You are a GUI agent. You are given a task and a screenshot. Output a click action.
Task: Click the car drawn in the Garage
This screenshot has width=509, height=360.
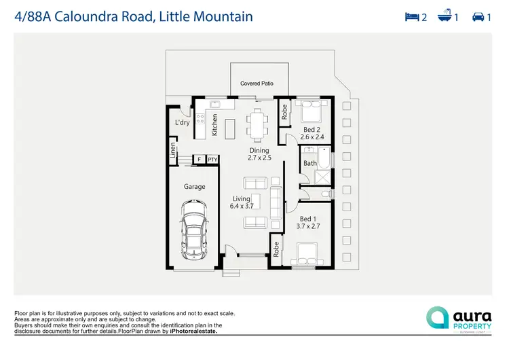[x=195, y=232]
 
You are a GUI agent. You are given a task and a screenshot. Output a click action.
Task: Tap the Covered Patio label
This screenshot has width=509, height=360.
[x=257, y=84]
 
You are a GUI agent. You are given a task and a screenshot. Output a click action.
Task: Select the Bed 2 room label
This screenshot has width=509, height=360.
[x=312, y=129]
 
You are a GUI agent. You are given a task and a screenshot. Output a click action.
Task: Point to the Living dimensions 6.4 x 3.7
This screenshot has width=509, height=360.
[x=241, y=206]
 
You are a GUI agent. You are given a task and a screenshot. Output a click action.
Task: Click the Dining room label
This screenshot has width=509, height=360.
[x=259, y=150]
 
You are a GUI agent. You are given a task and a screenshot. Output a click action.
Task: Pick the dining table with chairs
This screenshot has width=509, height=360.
[x=257, y=124]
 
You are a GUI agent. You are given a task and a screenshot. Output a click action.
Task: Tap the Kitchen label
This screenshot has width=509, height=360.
[x=214, y=124]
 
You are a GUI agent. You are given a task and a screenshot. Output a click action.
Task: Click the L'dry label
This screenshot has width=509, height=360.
[x=183, y=123]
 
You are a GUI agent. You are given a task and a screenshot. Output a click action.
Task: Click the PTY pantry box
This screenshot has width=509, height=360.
[x=212, y=160]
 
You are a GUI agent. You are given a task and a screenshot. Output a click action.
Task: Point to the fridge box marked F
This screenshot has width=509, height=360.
[x=199, y=160]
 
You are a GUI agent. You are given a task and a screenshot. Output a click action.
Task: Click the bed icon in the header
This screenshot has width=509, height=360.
[x=411, y=16]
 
